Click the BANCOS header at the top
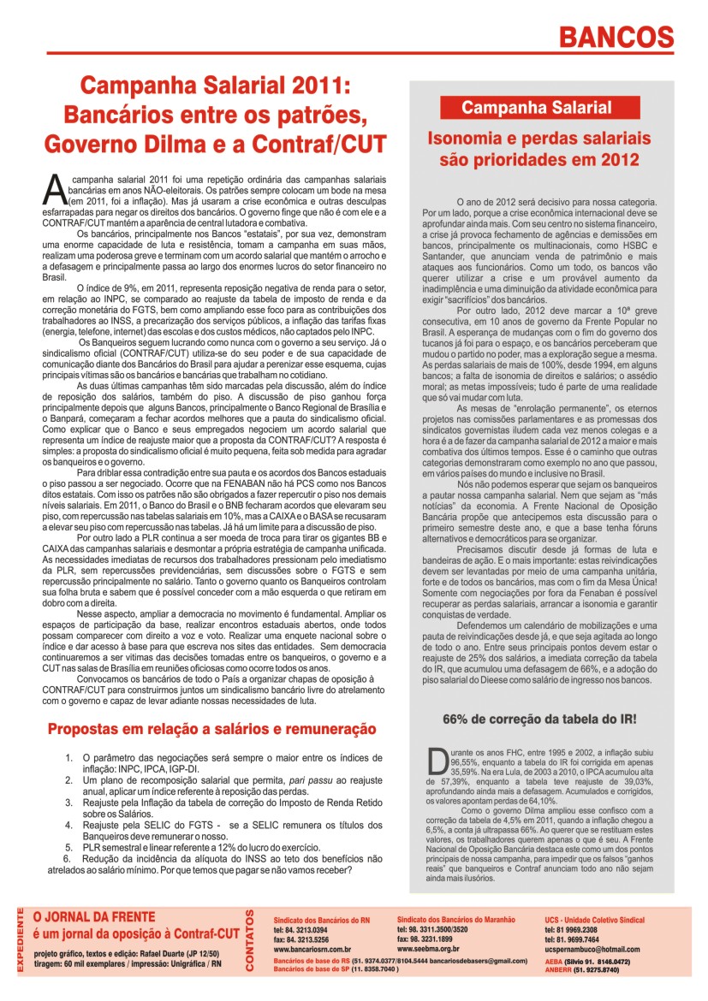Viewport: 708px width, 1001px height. click(x=616, y=37)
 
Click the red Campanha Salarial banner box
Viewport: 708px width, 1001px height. click(x=537, y=108)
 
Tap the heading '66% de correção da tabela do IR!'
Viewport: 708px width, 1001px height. click(x=538, y=720)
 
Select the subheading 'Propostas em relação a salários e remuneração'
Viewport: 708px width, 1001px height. click(x=211, y=729)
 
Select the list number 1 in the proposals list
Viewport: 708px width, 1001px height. click(x=69, y=758)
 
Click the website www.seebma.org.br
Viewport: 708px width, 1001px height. click(x=428, y=948)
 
